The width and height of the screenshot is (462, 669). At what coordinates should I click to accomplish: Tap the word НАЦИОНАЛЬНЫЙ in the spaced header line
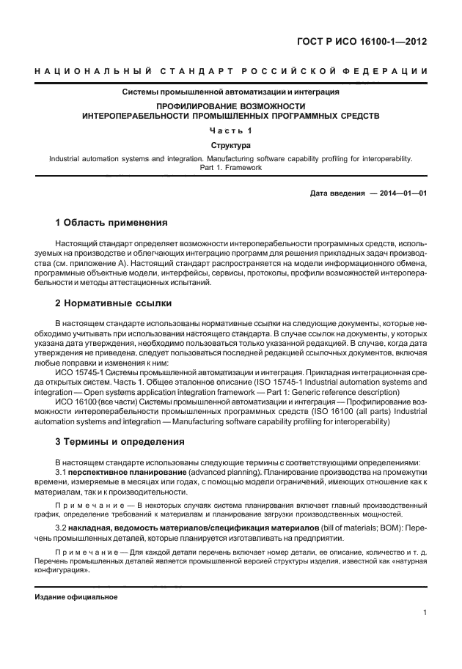point(92,72)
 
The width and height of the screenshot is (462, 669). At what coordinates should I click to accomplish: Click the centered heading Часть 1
point(230,130)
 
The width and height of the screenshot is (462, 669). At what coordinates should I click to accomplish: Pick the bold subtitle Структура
point(230,146)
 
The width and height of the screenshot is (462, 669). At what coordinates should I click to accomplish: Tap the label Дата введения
point(337,193)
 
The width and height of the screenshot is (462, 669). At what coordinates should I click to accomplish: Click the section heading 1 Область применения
point(111,222)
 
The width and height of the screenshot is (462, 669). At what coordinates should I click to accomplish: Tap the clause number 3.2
point(62,528)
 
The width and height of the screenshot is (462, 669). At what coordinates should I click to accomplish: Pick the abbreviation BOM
point(392,528)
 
